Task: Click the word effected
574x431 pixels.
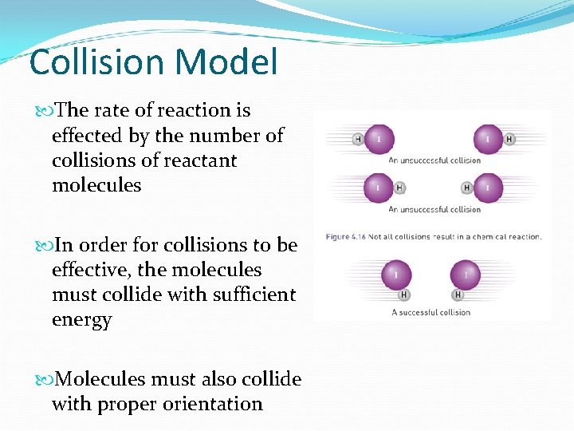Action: click(x=87, y=136)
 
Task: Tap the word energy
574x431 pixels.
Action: click(x=82, y=320)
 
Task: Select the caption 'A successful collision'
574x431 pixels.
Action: click(x=431, y=312)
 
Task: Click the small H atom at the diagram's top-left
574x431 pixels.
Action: click(x=358, y=140)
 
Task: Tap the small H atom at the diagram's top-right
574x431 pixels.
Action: click(x=509, y=140)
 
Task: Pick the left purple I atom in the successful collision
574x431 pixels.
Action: click(x=396, y=275)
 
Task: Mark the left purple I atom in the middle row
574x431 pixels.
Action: click(x=378, y=188)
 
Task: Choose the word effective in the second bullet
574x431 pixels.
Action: click(x=89, y=270)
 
